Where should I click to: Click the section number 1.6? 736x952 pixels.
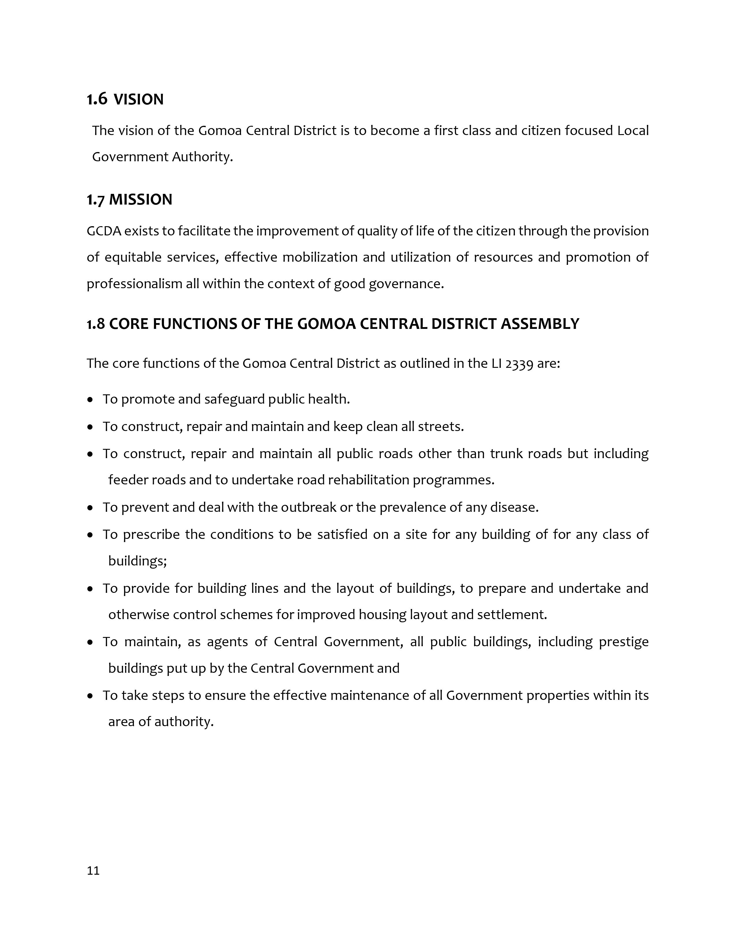click(x=97, y=100)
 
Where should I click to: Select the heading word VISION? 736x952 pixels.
click(x=139, y=100)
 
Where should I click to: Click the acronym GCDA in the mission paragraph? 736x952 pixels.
click(x=104, y=231)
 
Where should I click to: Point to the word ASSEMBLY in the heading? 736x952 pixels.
click(x=540, y=324)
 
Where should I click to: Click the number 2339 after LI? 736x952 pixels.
click(x=519, y=363)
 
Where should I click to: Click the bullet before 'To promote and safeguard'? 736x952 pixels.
click(x=90, y=400)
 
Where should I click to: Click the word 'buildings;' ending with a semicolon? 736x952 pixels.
click(x=137, y=561)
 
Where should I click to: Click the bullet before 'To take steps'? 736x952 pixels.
click(x=90, y=696)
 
